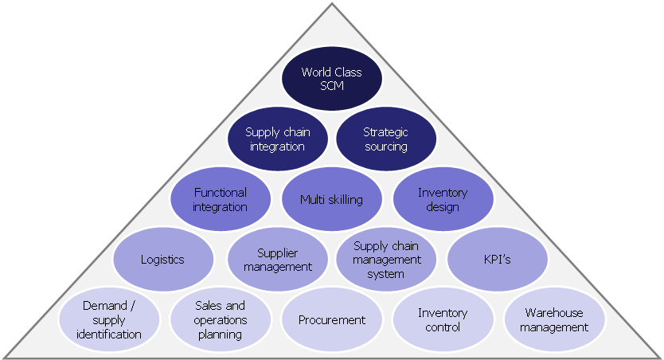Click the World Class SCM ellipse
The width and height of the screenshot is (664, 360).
click(332, 79)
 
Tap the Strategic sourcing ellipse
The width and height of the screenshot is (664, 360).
click(386, 139)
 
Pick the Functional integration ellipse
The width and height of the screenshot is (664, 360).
click(221, 199)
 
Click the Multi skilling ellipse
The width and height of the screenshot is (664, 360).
click(331, 199)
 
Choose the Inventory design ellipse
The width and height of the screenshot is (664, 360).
click(443, 199)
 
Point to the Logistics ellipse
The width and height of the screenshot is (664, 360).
click(163, 260)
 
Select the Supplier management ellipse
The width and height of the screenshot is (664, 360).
click(277, 260)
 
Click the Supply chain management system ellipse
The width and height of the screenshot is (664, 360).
click(386, 260)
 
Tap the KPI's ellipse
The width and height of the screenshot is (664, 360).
click(498, 260)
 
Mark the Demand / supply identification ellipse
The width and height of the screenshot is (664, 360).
click(109, 320)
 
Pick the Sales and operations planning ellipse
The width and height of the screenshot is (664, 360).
click(220, 320)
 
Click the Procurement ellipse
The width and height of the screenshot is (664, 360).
click(331, 320)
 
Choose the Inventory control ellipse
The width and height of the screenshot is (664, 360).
click(443, 320)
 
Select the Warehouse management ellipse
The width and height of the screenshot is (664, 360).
click(554, 320)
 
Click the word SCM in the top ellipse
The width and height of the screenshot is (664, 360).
click(332, 85)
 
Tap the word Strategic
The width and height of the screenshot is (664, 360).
click(386, 132)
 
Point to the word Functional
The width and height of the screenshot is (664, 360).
click(221, 193)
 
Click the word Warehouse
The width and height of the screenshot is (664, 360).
click(554, 313)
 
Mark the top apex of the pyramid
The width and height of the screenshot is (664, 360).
click(332, 6)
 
